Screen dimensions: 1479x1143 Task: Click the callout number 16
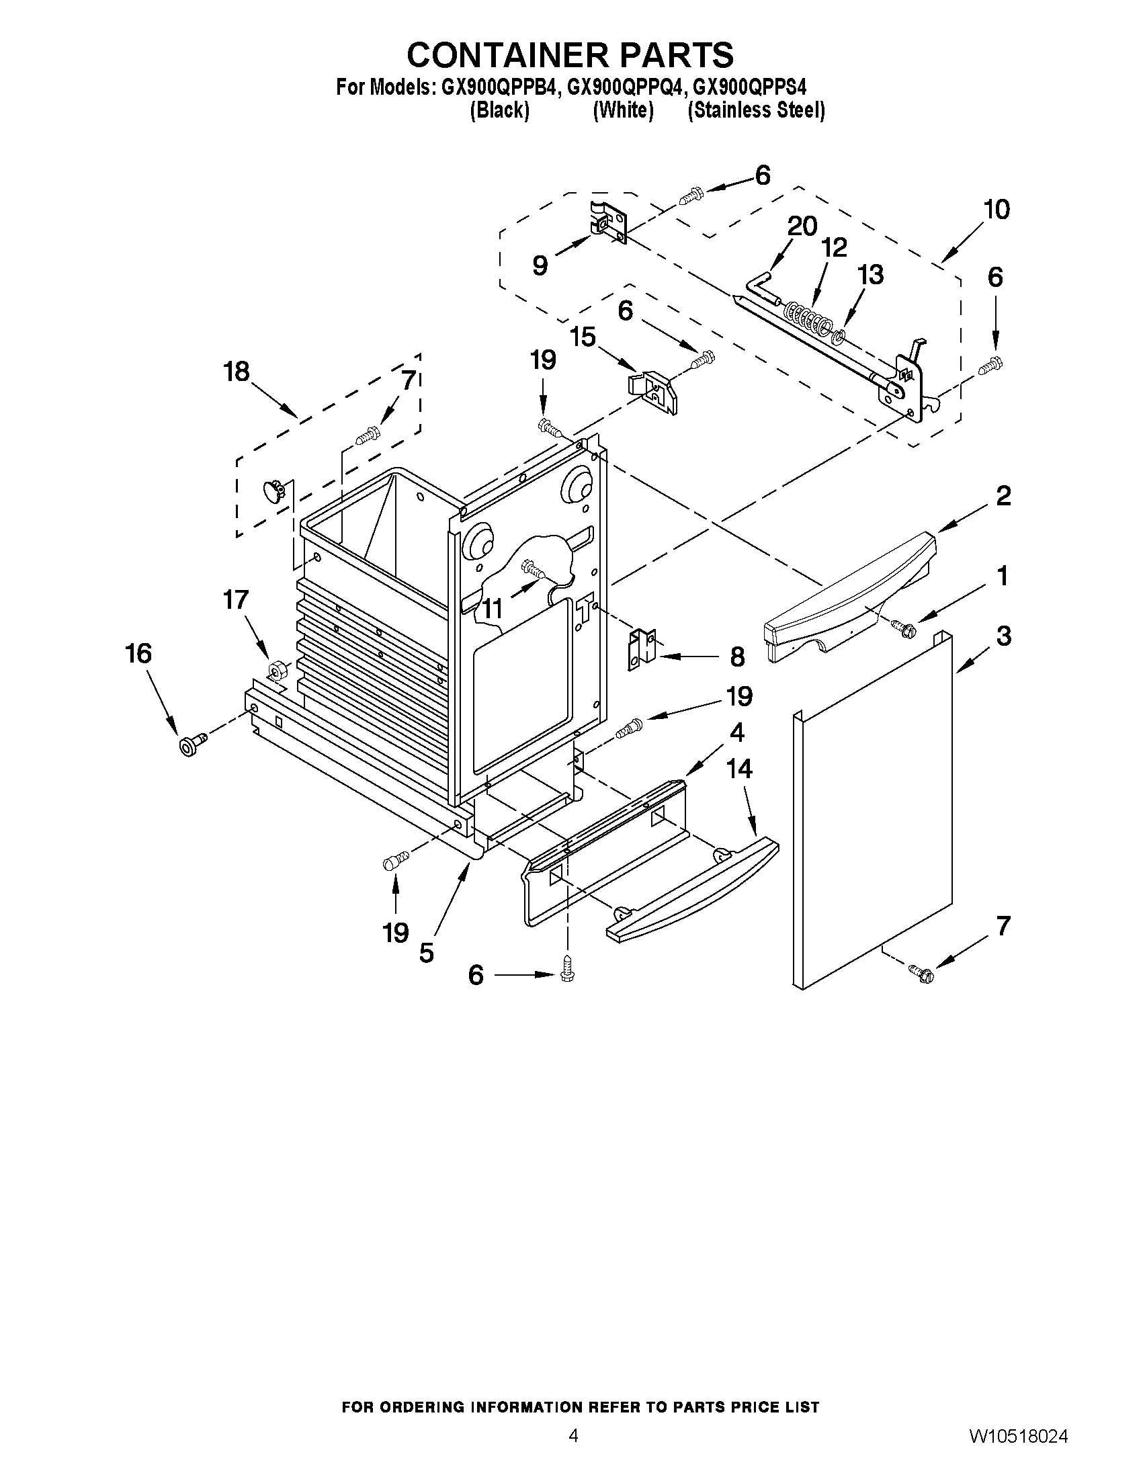pyautogui.click(x=138, y=654)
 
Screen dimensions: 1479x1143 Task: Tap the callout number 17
pyautogui.click(x=236, y=600)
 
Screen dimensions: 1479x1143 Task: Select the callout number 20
pyautogui.click(x=802, y=226)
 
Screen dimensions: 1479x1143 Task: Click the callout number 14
pyautogui.click(x=739, y=769)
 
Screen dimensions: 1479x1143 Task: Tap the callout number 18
pyautogui.click(x=237, y=372)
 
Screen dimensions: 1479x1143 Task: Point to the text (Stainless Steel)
pyautogui.click(x=756, y=110)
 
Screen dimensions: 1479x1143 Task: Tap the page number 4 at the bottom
pyautogui.click(x=573, y=1435)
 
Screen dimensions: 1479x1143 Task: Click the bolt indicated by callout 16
pyautogui.click(x=190, y=745)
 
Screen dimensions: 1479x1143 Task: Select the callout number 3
pyautogui.click(x=1003, y=636)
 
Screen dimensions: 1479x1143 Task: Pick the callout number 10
pyautogui.click(x=997, y=210)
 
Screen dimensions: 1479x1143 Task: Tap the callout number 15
pyautogui.click(x=583, y=336)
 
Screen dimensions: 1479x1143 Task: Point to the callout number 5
pyautogui.click(x=426, y=954)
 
